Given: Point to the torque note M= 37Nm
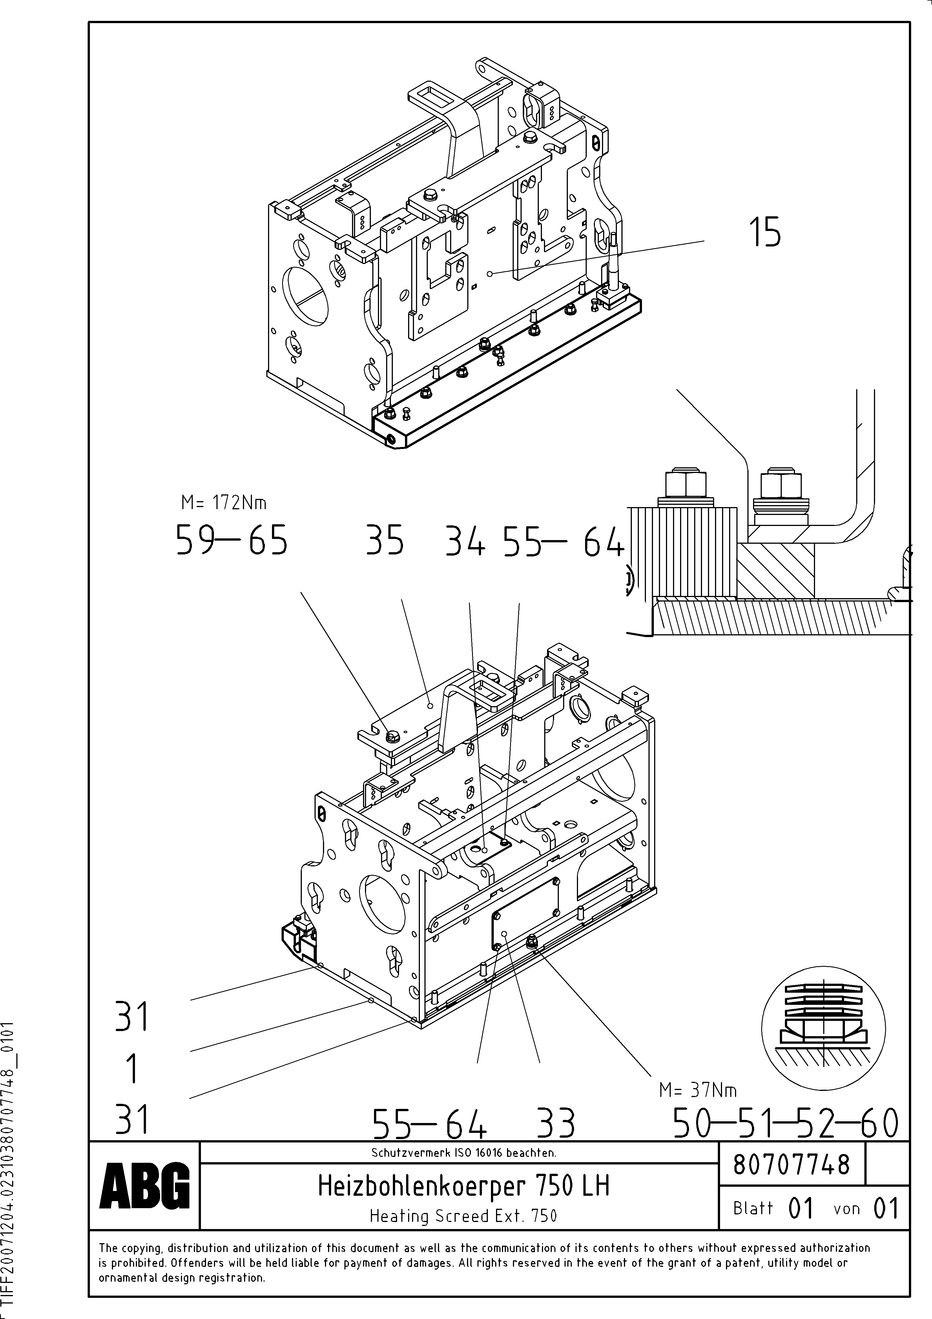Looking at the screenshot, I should (698, 1090).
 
